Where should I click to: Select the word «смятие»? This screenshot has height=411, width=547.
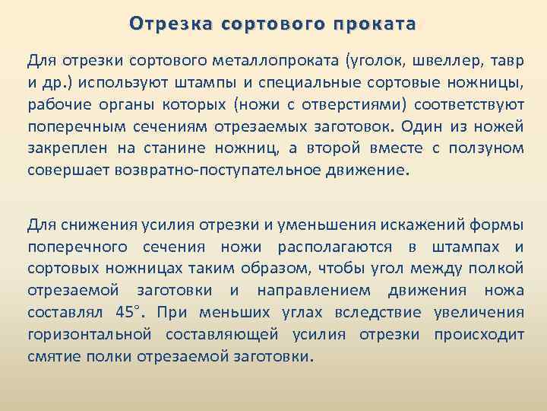pyautogui.click(x=54, y=356)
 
